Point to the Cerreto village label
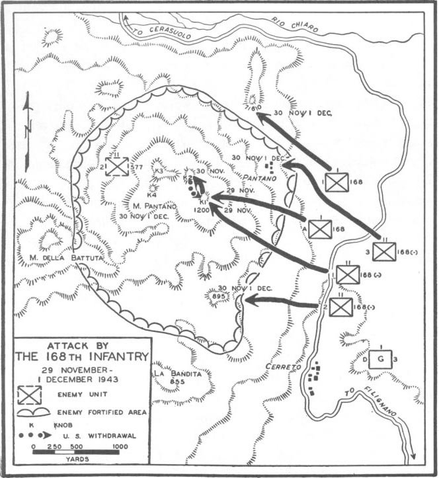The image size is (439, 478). coord(285,366)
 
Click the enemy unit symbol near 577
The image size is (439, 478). coord(117,166)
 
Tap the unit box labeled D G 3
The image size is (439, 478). coord(380,359)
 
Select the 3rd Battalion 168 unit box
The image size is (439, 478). coord(383,251)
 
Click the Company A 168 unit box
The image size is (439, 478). coord(320,229)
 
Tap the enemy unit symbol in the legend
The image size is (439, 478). coord(29,394)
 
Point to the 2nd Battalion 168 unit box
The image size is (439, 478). coord(341,307)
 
